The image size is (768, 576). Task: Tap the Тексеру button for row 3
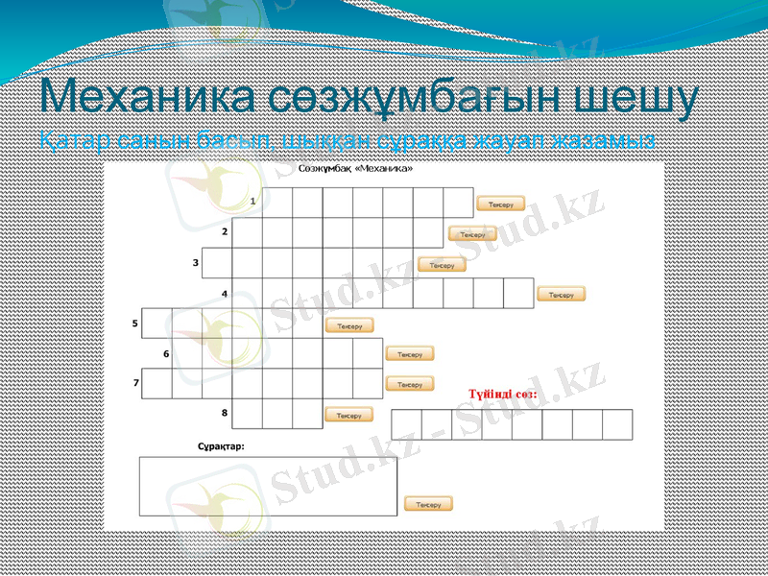tap(442, 265)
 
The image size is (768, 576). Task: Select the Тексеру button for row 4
tap(562, 295)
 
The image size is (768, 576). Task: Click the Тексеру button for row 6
tap(410, 354)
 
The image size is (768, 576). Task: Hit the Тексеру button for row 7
tap(410, 384)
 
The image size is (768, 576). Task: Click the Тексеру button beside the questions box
tap(428, 504)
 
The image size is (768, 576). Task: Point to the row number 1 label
tap(252, 202)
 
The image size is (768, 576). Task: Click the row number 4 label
tap(224, 294)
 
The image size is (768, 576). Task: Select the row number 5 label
tap(134, 324)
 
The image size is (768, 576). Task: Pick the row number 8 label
tap(224, 413)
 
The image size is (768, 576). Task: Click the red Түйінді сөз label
tap(502, 395)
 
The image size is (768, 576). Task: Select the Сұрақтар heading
tap(221, 446)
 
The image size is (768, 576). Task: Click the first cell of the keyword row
tap(406, 424)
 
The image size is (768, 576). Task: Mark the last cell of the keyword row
tap(617, 424)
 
